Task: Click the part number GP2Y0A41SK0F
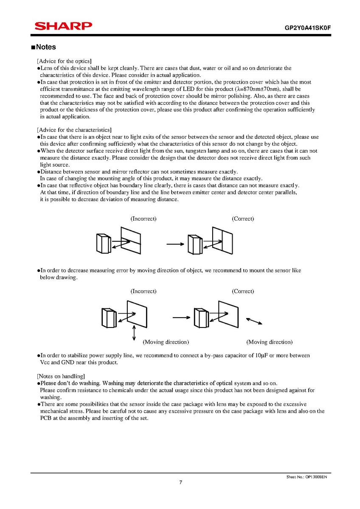tap(307, 28)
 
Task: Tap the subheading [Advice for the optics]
tap(65, 61)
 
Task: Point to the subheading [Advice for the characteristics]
tap(74, 130)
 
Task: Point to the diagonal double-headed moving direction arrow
tap(254, 321)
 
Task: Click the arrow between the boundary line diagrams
tap(175, 244)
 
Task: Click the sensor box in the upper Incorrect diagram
tap(104, 244)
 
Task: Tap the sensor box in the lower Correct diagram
tap(201, 317)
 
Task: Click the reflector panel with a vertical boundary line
tap(222, 240)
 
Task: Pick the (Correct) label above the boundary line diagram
tap(243, 218)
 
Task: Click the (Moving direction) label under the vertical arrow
tap(166, 342)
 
